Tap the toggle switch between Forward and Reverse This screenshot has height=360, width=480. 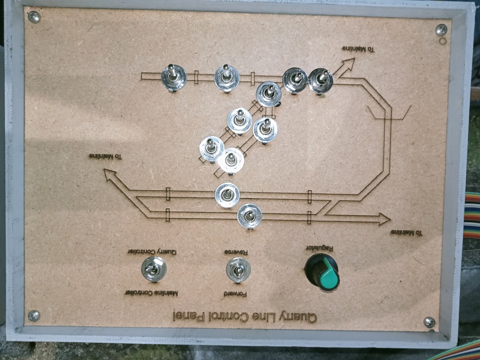pos(238,270)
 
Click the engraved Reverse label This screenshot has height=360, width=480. pos(238,252)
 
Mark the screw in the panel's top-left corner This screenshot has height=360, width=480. pos(34,17)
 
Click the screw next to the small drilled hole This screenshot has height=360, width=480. pos(441,30)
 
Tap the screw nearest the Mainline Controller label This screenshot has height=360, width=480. pos(34,315)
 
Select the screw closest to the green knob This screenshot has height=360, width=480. pos(429,322)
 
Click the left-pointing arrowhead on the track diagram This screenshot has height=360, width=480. pos(110,176)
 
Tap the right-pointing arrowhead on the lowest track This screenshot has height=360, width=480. pos(383,218)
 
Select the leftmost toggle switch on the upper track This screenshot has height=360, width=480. pos(174,78)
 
